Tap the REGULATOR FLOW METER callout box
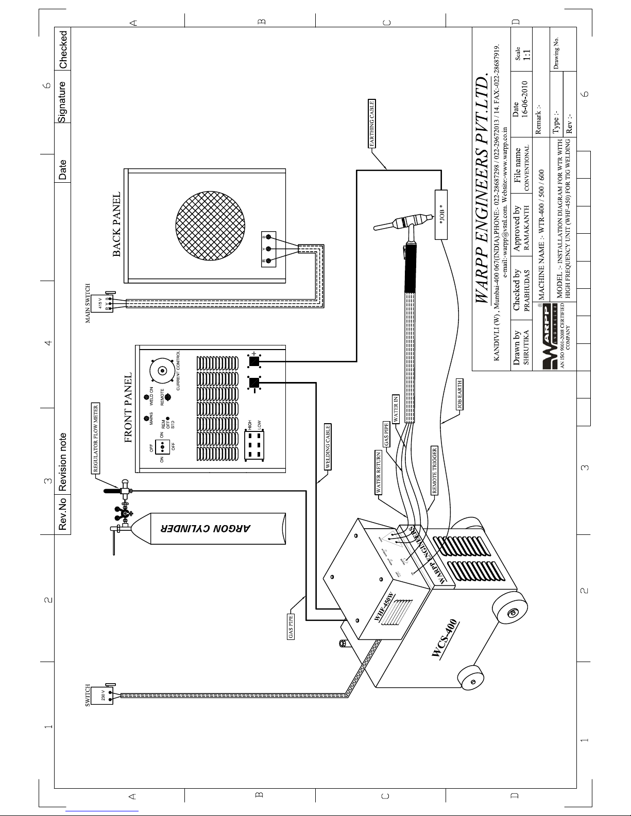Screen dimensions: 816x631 click(x=96, y=439)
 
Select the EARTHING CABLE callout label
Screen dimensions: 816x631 click(x=373, y=123)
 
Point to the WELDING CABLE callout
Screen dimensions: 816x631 click(x=327, y=446)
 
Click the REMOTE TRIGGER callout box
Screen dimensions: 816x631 click(x=435, y=471)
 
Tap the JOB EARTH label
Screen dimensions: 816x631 click(x=460, y=394)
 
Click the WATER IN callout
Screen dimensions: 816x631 click(x=396, y=409)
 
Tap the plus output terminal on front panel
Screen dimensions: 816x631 click(x=253, y=360)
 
